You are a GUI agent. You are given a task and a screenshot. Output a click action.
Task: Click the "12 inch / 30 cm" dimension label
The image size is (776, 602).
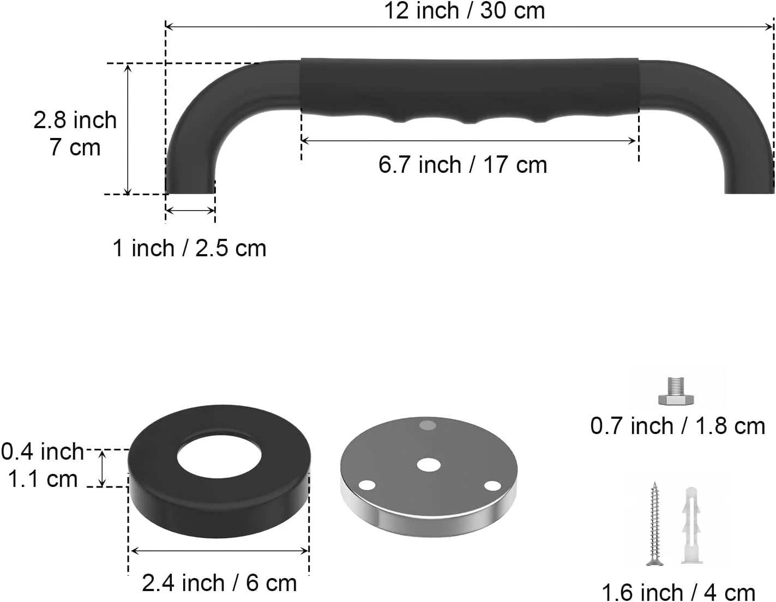tap(464, 11)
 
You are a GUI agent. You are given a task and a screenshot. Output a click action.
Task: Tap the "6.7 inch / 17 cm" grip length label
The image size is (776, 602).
tap(462, 165)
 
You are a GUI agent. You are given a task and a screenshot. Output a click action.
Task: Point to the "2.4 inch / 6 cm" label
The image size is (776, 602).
tap(219, 583)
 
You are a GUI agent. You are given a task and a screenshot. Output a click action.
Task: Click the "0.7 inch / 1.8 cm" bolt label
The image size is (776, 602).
tap(677, 426)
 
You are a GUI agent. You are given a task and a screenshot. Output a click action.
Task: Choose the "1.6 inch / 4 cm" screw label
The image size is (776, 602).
tap(678, 592)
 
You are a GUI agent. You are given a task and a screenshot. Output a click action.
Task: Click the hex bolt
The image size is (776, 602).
tap(676, 391)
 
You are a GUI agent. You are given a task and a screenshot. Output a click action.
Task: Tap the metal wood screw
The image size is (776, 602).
tap(654, 524)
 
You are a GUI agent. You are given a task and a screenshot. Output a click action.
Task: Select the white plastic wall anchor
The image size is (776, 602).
tap(691, 525)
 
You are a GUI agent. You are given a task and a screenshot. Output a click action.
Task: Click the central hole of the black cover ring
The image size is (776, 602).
tap(219, 456)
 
